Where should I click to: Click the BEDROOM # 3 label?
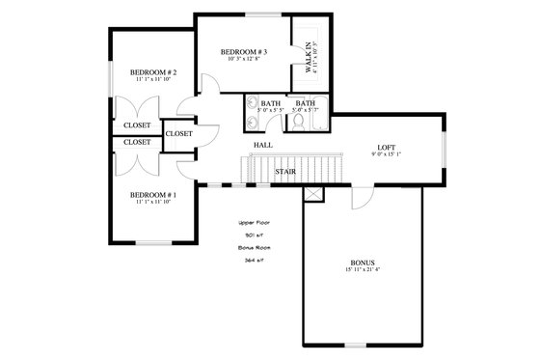click(243, 51)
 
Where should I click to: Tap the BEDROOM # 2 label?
click(152, 71)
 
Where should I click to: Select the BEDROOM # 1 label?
click(152, 193)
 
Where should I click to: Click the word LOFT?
click(386, 146)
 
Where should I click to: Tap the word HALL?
click(262, 146)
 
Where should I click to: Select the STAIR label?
click(284, 172)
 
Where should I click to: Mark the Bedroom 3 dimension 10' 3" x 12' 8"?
click(243, 60)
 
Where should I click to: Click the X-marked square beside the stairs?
click(313, 195)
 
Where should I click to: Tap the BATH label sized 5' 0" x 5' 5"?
click(269, 105)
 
